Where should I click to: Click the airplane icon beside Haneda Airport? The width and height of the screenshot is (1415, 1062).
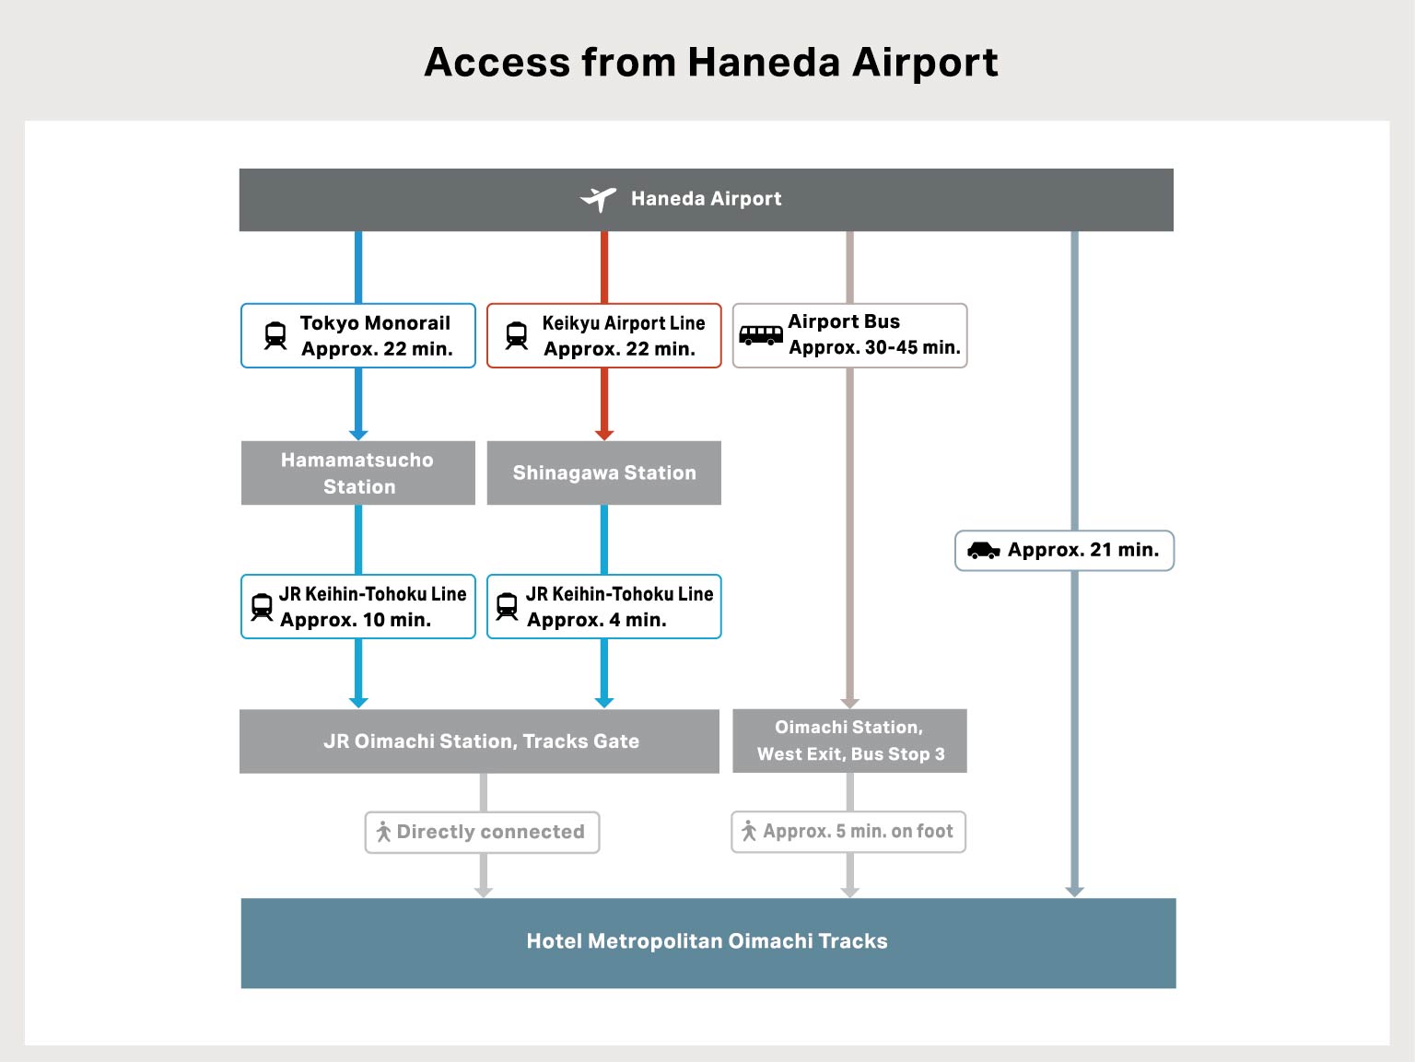(598, 198)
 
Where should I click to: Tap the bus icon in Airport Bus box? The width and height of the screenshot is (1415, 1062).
(760, 334)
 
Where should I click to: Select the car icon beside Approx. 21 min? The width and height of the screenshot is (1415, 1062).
(983, 550)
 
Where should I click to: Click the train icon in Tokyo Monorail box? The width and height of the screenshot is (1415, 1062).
(275, 335)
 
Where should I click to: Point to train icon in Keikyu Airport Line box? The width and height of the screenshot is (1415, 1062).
(517, 335)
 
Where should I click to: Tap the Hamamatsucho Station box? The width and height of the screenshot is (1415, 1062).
(357, 473)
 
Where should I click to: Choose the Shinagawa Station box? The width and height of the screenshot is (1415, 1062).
(603, 473)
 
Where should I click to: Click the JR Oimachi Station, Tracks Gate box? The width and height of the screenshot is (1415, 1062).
(480, 741)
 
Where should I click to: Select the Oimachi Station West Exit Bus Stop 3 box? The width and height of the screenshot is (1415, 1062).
(849, 741)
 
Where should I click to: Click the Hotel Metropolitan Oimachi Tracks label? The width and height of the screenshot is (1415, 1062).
(707, 941)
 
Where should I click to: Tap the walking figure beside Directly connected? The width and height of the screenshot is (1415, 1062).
(383, 832)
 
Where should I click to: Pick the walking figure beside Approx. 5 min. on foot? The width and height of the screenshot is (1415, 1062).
(749, 831)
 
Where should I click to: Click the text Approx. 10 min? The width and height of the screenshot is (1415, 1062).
(356, 620)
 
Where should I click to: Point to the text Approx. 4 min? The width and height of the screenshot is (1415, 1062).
(596, 620)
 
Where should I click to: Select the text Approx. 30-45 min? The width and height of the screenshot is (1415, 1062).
(874, 347)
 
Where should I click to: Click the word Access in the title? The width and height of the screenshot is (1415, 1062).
(497, 63)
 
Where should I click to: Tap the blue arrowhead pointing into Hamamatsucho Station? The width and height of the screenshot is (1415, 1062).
(358, 435)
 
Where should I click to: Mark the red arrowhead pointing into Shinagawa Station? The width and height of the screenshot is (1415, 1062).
(604, 435)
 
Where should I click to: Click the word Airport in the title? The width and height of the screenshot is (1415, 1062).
(924, 63)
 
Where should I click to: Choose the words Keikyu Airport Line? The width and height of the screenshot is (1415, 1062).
(623, 322)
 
